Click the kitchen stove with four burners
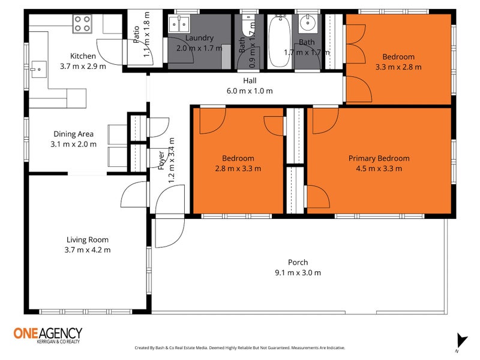coord(82,23)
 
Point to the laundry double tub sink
coord(179,24)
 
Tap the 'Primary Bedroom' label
coord(379,158)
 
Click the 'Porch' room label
coord(298,262)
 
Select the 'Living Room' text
coord(88,240)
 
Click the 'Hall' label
coord(250,80)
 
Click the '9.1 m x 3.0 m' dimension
coord(298,272)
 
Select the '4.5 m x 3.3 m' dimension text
coord(379,169)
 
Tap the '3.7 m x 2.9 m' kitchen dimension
coord(83,66)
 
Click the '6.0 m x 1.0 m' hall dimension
coord(250,91)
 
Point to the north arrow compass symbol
coord(460,340)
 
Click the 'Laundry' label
coord(199,38)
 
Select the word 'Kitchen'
coord(83,56)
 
